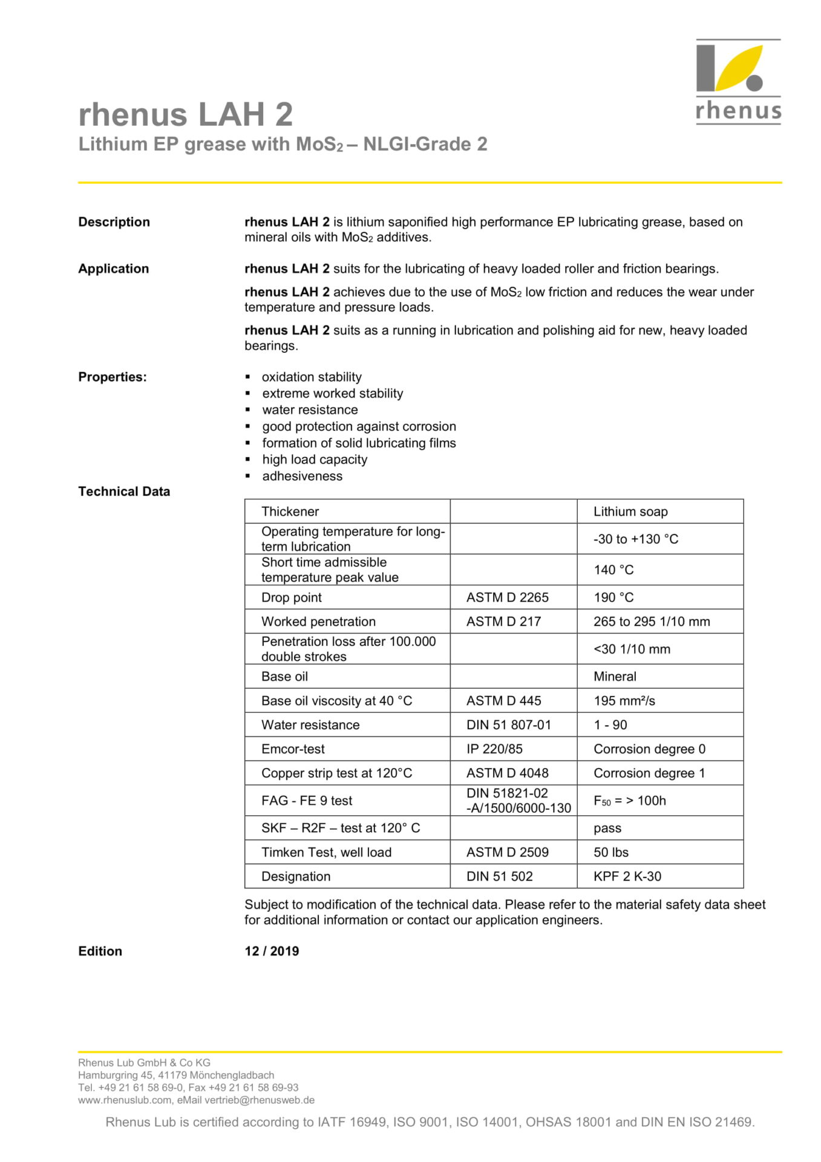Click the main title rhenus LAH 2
pos(185,114)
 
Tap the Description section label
pos(114,222)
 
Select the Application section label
pos(113,269)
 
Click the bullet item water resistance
pos(310,410)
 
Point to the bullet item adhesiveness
pos(302,476)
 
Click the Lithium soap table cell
pos(630,511)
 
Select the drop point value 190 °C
pos(613,597)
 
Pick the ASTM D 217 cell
pos(503,622)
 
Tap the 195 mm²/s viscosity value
pos(624,701)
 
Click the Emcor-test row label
pos(293,749)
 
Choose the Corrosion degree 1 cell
pos(649,773)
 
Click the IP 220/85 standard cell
pos(494,749)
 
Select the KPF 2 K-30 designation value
pos(627,876)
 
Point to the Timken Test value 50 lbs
pos(611,852)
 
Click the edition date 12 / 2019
pos(272,951)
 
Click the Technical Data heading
pos(124,491)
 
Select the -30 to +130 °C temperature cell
pos(636,539)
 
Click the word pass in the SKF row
pos(607,828)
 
